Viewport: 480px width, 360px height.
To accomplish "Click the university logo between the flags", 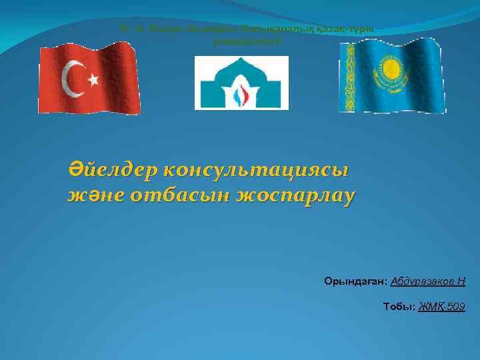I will click(241, 83).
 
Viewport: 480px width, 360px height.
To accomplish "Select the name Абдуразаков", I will click(423, 282).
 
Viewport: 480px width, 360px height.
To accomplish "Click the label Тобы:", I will click(398, 306).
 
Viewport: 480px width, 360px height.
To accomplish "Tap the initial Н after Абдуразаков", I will click(461, 282).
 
